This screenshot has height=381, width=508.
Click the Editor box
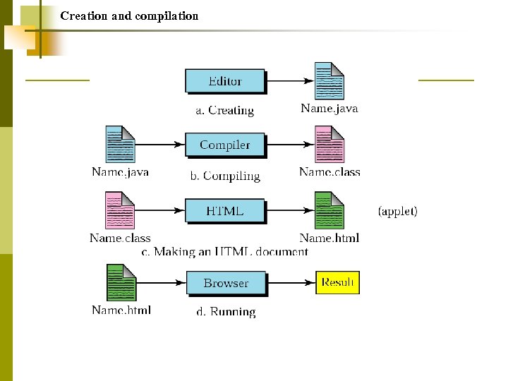[x=225, y=81]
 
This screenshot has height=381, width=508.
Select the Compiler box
[x=225, y=145]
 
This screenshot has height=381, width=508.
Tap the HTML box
[x=225, y=211]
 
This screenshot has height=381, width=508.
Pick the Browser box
[x=226, y=283]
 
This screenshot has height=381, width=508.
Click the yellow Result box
[x=337, y=283]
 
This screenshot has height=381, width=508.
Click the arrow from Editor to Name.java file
[x=289, y=81]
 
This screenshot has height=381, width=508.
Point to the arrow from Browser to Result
[x=290, y=283]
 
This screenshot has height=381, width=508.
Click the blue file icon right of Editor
[x=329, y=81]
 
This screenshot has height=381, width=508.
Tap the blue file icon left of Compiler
[x=120, y=145]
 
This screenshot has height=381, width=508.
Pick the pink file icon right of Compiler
[x=329, y=145]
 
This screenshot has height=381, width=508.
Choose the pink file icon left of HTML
[x=119, y=211]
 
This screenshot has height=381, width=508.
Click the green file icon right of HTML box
[x=329, y=211]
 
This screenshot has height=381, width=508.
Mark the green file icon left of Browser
[x=121, y=283]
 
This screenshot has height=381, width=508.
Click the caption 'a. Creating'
[x=224, y=110]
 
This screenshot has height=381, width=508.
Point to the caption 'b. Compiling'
[x=224, y=176]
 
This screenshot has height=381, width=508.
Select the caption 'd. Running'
[x=223, y=311]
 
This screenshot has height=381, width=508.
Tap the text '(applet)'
[x=398, y=211]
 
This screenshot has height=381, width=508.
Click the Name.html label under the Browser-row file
[x=121, y=310]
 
